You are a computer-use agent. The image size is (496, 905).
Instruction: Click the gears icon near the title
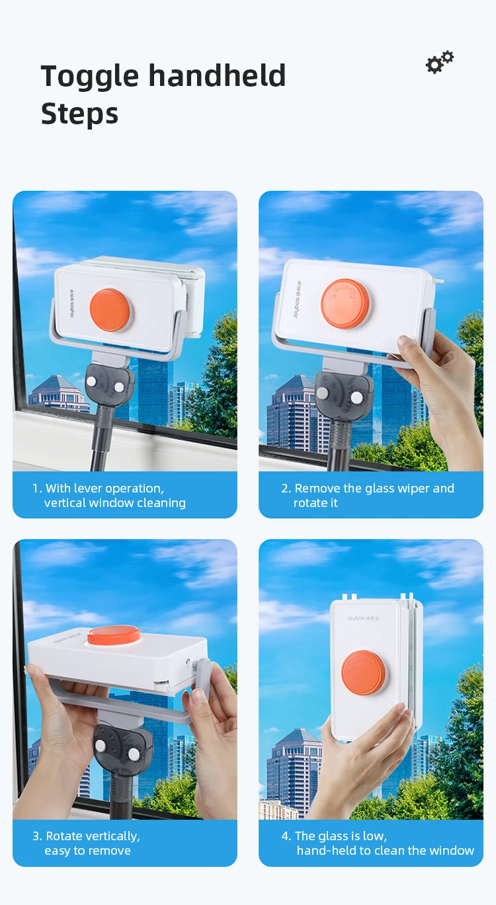439,62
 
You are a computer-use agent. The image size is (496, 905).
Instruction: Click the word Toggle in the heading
90,77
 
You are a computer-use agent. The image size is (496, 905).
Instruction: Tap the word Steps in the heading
79,114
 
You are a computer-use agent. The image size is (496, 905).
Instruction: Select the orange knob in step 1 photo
110,310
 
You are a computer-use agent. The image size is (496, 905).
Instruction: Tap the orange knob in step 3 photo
114,635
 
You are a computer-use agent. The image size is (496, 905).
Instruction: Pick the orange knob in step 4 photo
363,673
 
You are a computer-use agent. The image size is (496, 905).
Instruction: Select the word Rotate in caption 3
64,836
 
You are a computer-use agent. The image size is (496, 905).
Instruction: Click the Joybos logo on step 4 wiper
363,618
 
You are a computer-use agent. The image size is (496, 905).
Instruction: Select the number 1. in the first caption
37,489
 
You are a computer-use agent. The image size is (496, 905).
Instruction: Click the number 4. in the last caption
286,836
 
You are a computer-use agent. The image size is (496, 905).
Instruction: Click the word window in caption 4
452,850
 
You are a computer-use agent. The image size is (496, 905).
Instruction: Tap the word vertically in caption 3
113,836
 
